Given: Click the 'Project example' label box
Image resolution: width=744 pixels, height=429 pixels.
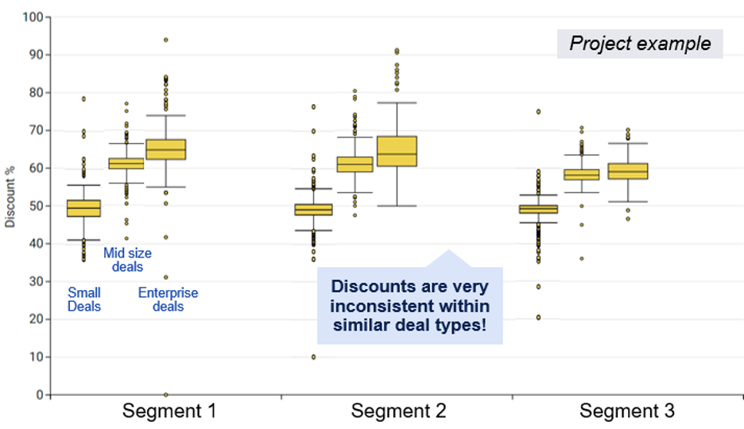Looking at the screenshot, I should pos(640,43).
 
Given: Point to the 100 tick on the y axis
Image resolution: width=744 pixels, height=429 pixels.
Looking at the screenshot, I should pos(33,17).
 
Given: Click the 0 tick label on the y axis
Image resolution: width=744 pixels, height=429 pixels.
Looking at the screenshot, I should pos(38,395).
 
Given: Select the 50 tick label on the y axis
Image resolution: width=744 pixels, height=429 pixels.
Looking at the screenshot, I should pos(36,206).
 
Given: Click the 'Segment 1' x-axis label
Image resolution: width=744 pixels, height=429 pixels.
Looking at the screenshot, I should pos(169,412).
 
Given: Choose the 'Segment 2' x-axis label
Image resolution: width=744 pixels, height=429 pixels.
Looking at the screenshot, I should pos(398,412).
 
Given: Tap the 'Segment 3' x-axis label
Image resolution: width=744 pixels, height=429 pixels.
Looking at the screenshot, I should pos(627,412).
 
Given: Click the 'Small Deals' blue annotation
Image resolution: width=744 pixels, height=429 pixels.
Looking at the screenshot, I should pos(83,300).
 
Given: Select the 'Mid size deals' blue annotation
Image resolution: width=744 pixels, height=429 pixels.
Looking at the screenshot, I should pos(127,260).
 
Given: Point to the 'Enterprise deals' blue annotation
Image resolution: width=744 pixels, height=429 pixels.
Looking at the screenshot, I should pos(168,300).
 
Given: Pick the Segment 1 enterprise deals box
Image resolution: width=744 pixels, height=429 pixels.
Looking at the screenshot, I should pos(165,149).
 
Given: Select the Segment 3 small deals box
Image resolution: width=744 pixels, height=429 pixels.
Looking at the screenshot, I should pos(538,209).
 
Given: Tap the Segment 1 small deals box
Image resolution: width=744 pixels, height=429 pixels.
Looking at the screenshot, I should pos(83,208).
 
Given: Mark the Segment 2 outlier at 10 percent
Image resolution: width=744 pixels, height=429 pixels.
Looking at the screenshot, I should pos(313,357).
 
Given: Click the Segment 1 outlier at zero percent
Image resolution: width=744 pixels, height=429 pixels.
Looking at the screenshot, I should pos(165,395).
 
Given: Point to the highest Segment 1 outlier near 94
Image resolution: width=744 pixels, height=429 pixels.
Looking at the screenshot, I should pos(165,40).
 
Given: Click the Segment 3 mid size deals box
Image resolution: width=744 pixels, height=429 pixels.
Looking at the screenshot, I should pos(582,174).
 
